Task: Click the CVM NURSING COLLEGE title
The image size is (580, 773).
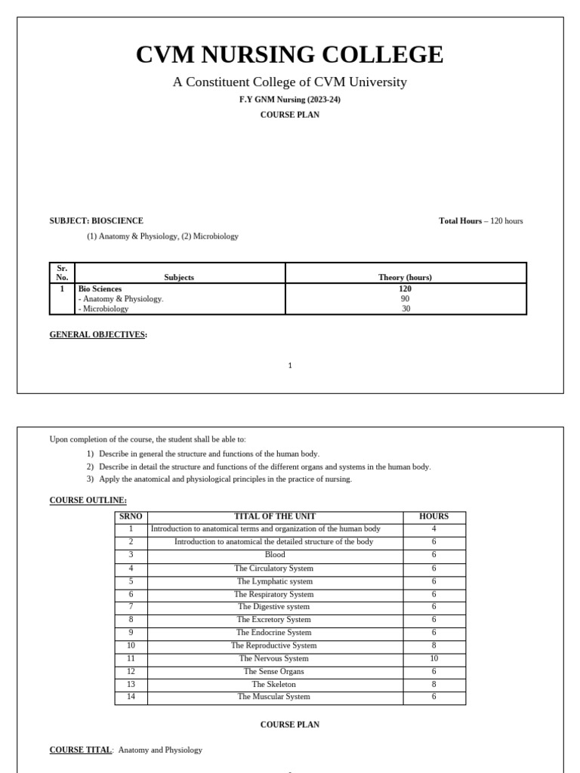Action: click(289, 55)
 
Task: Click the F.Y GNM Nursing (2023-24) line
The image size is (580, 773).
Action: click(289, 100)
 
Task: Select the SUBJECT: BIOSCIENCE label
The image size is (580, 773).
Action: click(96, 221)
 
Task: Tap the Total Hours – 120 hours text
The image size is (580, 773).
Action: click(480, 221)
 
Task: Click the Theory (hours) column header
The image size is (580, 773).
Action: click(405, 278)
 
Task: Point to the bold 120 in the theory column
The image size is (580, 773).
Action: click(405, 289)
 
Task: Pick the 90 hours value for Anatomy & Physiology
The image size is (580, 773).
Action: click(405, 299)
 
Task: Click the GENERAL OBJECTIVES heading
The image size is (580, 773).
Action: click(98, 334)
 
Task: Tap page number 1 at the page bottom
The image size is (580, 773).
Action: click(289, 366)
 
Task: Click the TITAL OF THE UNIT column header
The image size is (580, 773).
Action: click(275, 517)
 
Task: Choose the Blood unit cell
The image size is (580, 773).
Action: click(275, 555)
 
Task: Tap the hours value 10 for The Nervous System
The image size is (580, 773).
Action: click(433, 659)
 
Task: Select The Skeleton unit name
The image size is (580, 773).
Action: click(275, 685)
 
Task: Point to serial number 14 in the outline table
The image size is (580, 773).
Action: click(131, 698)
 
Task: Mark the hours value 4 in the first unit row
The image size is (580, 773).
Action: click(433, 529)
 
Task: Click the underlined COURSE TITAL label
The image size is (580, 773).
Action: click(80, 750)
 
